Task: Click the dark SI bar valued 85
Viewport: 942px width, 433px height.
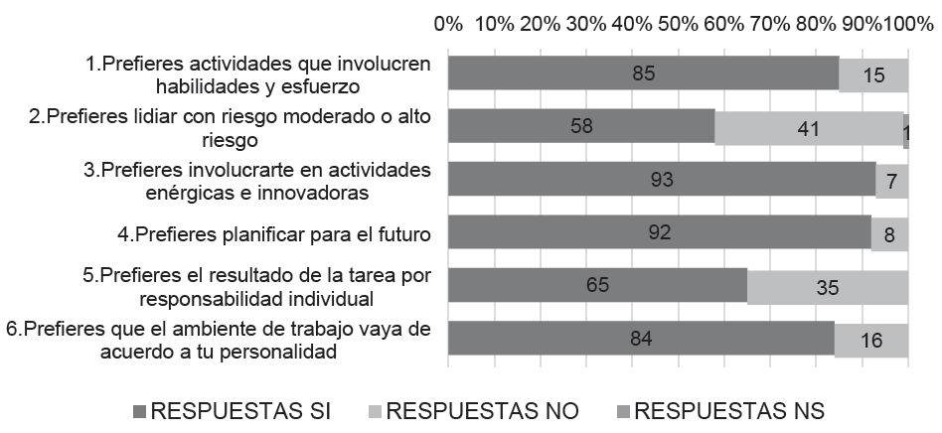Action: pos(643,74)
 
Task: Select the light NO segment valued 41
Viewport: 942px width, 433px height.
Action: pos(808,127)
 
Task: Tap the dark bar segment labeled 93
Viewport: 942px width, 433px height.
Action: pos(662,180)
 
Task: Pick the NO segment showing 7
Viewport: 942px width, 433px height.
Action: pos(891,180)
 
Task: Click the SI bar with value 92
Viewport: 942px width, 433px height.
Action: pos(659,232)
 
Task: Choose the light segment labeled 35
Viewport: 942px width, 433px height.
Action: pos(827,286)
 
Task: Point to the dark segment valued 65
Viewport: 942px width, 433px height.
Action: pos(597,286)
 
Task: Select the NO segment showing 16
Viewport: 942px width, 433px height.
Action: pos(870,339)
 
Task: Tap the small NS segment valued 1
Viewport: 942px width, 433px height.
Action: pos(905,127)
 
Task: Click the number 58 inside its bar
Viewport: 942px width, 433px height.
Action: pos(581,127)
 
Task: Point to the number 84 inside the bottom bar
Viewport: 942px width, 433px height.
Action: pos(641,339)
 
